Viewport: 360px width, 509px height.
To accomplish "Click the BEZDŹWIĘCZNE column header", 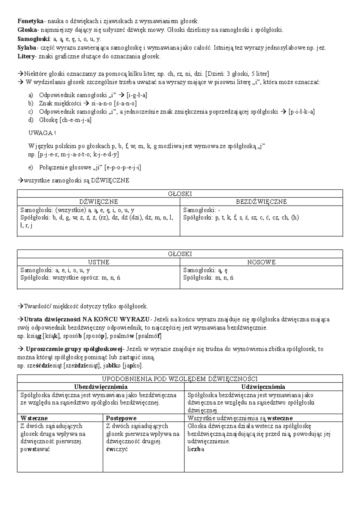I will click(261, 202).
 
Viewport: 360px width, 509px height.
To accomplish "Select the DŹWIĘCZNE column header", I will click(98, 202).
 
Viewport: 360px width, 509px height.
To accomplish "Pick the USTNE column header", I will click(98, 262).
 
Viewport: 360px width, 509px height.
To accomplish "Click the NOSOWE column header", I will click(261, 262).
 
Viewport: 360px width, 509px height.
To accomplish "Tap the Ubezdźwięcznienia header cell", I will click(101, 387).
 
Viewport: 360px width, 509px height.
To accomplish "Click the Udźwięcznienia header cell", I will click(263, 387).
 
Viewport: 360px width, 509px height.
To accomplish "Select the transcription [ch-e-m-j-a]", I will click(75, 120).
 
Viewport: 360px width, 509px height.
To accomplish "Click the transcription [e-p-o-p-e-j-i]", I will click(122, 167).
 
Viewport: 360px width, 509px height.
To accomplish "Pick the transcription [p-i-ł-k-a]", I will click(301, 112).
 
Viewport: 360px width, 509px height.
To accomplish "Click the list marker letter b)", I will click(31, 104).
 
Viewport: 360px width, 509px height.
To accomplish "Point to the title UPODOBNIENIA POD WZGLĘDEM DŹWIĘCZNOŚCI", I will click(180, 379).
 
